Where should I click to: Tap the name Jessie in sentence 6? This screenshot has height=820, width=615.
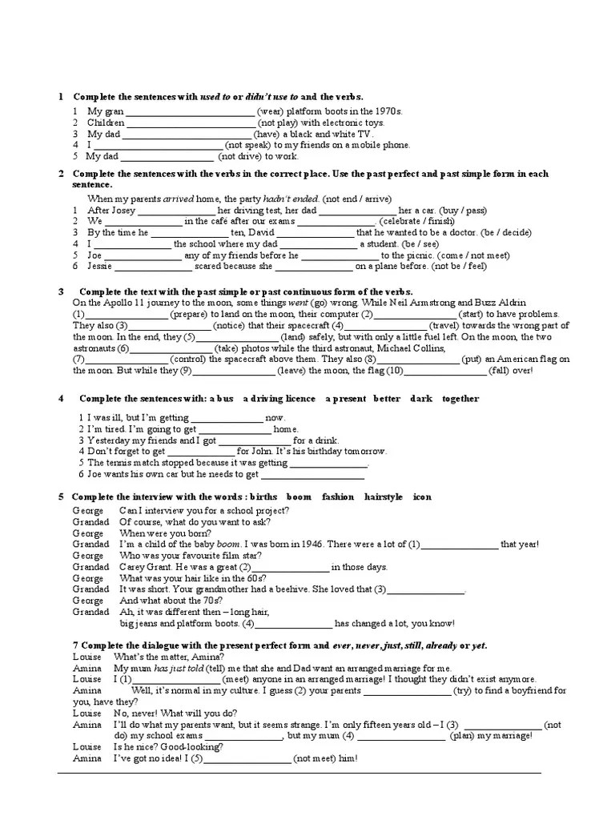tap(100, 266)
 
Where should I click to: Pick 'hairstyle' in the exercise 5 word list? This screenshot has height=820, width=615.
tap(384, 496)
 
